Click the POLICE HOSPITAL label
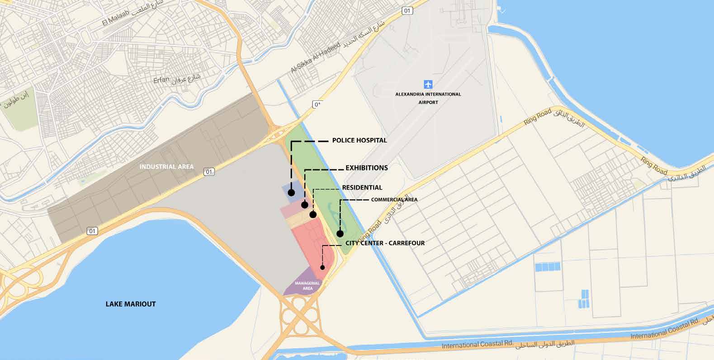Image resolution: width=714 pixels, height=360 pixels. (x=359, y=140)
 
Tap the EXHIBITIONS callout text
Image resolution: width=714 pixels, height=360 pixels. (x=367, y=168)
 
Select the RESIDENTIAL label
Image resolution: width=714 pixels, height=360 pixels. (x=362, y=187)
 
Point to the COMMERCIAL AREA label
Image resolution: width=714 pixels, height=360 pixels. (x=394, y=199)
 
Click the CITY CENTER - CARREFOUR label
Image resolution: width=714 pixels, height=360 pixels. (x=385, y=243)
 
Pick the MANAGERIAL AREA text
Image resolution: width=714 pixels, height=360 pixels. (x=307, y=285)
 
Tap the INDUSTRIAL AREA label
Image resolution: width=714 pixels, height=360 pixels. (x=166, y=166)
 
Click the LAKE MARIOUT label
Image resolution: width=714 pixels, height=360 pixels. (x=131, y=304)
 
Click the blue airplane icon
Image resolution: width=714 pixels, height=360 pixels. (x=428, y=84)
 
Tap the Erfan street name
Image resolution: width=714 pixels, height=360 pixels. (x=161, y=80)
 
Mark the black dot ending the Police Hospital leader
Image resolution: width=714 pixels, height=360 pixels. (x=291, y=193)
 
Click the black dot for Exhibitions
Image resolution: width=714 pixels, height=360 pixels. (x=305, y=205)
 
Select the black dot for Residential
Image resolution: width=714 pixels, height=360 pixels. (x=313, y=214)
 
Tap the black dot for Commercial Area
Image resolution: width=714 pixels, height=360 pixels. (x=340, y=234)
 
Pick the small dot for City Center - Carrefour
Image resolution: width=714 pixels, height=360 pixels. (x=322, y=267)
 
